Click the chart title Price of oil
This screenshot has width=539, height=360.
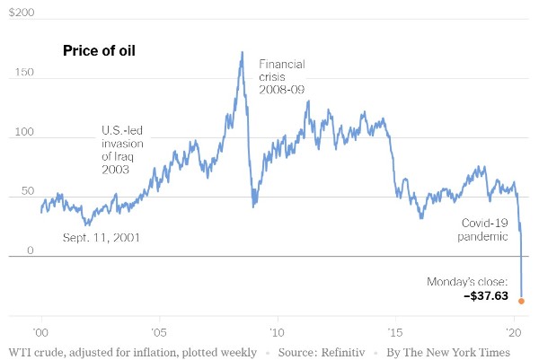pyautogui.click(x=98, y=50)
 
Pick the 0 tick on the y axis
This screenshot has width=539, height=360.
pyautogui.click(x=30, y=250)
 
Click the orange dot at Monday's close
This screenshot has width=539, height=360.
pyautogui.click(x=521, y=301)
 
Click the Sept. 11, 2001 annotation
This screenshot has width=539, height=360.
pyautogui.click(x=102, y=237)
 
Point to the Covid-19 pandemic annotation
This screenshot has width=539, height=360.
pyautogui.click(x=485, y=229)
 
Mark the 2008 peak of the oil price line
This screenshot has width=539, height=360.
pyautogui.click(x=242, y=52)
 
